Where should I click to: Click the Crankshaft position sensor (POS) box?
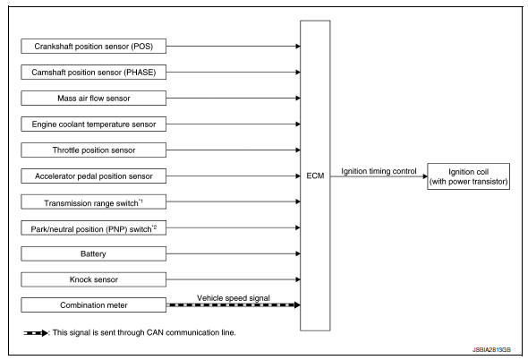pyautogui.click(x=93, y=42)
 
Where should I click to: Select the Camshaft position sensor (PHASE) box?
pyautogui.click(x=93, y=69)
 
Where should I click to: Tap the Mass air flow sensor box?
pyautogui.click(x=93, y=96)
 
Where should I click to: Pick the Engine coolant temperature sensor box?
pyautogui.click(x=93, y=123)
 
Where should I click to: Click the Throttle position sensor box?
pyautogui.click(x=93, y=149)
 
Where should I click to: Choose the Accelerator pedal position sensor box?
pyautogui.click(x=93, y=176)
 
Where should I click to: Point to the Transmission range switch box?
pyautogui.click(x=93, y=202)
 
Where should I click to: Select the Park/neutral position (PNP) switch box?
pyautogui.click(x=93, y=229)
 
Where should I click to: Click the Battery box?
pyautogui.click(x=93, y=255)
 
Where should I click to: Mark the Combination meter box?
pyautogui.click(x=93, y=305)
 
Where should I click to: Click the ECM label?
pyautogui.click(x=313, y=176)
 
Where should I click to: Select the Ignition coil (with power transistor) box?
pyautogui.click(x=467, y=175)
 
